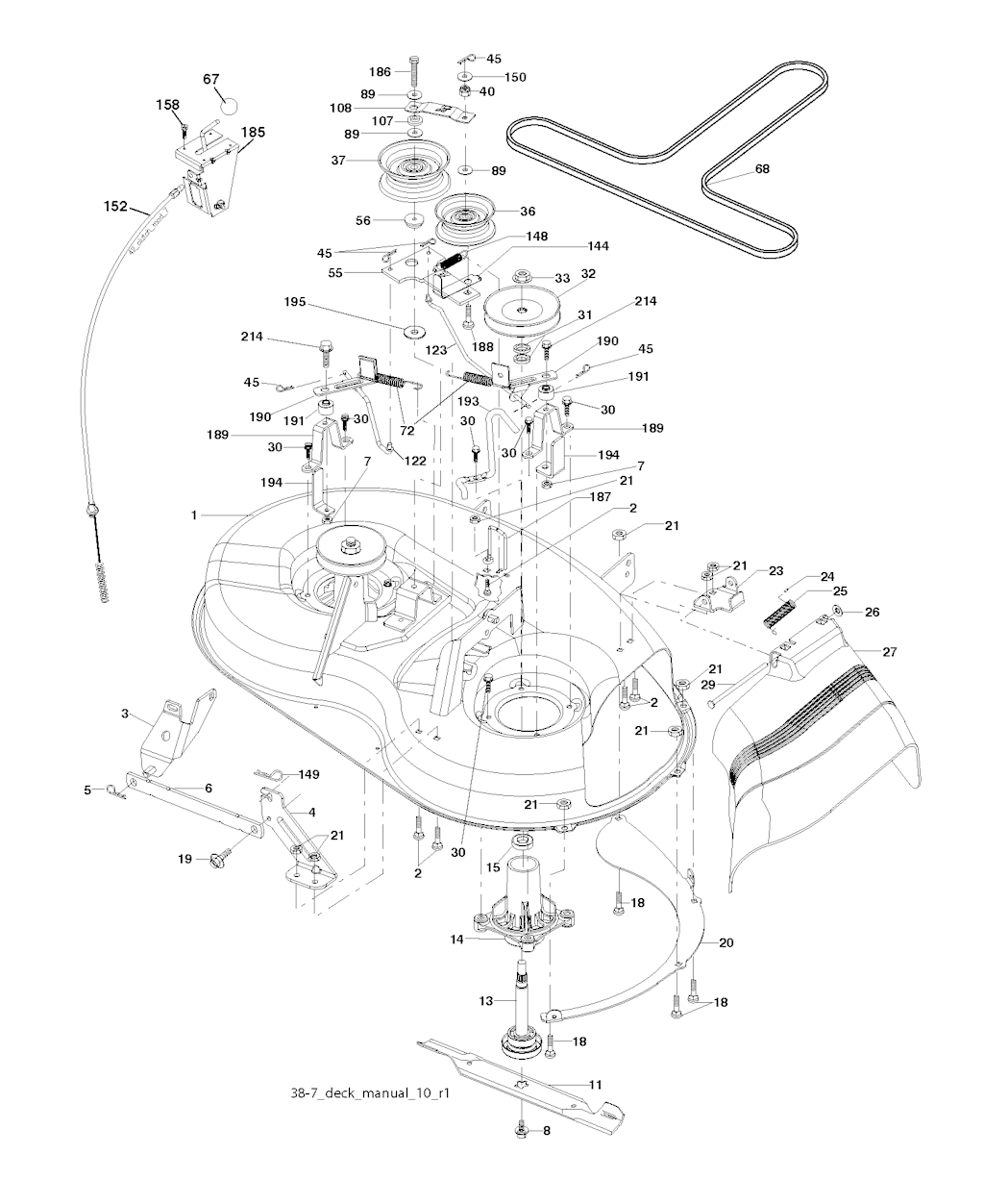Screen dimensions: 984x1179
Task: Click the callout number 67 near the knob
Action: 211,79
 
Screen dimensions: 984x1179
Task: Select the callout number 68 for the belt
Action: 762,169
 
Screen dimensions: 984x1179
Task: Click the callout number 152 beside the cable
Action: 115,207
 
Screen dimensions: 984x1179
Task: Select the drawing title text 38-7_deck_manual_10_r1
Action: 370,1092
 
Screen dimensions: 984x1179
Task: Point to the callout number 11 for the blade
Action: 595,1084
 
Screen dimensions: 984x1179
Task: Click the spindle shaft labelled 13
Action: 523,1011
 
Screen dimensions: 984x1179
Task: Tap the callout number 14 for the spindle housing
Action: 456,939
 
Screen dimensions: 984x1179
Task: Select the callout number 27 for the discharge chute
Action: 889,652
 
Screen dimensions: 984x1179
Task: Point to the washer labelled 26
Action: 837,610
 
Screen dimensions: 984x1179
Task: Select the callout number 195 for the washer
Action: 295,302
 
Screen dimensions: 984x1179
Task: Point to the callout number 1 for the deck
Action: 194,514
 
